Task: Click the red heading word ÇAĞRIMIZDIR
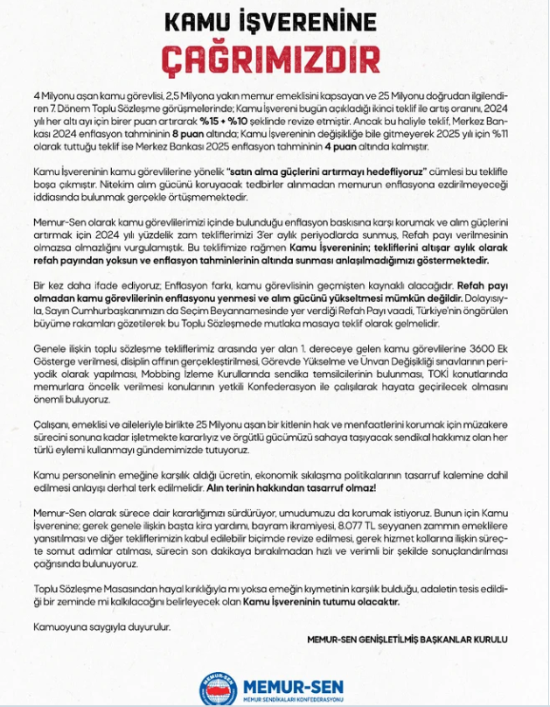pyautogui.click(x=275, y=58)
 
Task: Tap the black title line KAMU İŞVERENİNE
pyautogui.click(x=275, y=22)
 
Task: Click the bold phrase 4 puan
pyautogui.click(x=362, y=150)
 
